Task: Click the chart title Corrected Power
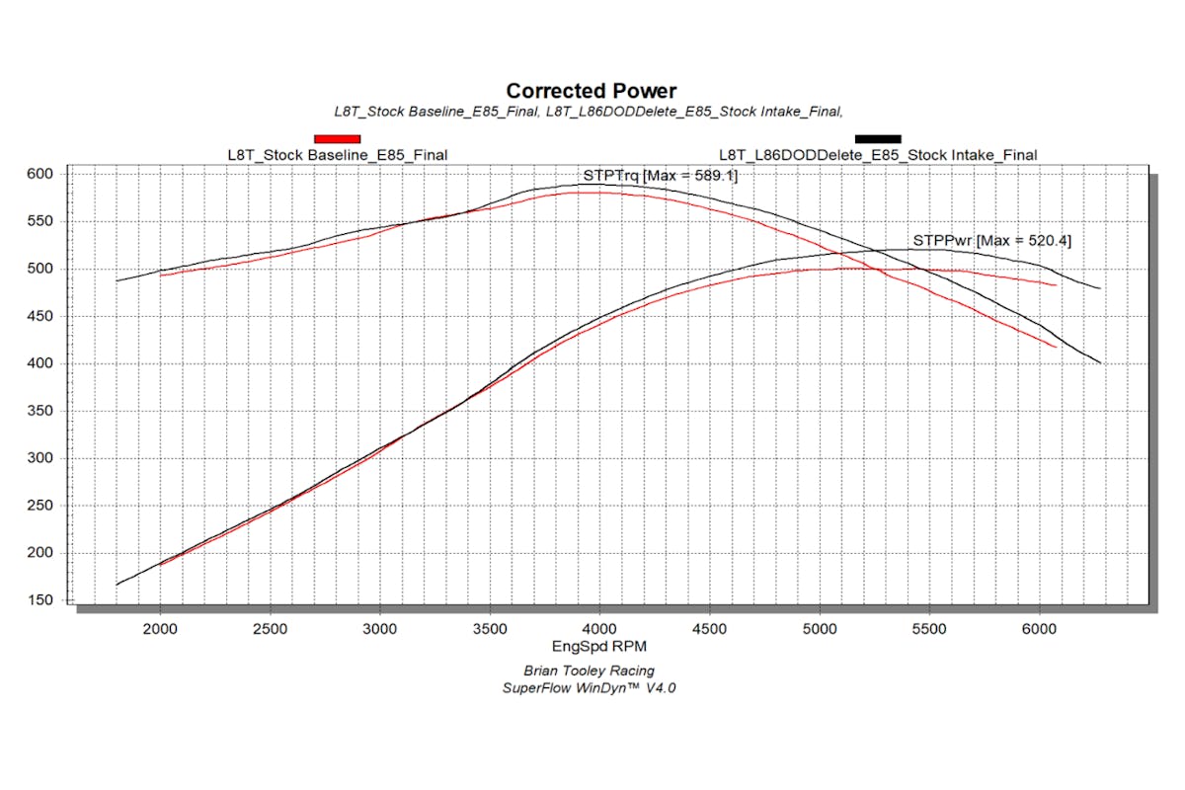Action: click(x=592, y=92)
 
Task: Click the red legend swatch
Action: click(x=337, y=138)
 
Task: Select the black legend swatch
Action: click(x=877, y=138)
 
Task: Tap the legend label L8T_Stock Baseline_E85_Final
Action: click(x=337, y=154)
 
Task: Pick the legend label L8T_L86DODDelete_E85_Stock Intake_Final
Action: click(x=877, y=154)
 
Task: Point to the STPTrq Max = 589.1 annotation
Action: click(x=660, y=175)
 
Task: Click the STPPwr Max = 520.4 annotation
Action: click(x=991, y=240)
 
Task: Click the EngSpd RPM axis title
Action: click(x=592, y=647)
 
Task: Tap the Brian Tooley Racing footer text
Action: click(x=592, y=671)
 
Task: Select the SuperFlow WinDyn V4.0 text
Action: click(x=592, y=687)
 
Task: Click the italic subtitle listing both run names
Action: click(x=592, y=112)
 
